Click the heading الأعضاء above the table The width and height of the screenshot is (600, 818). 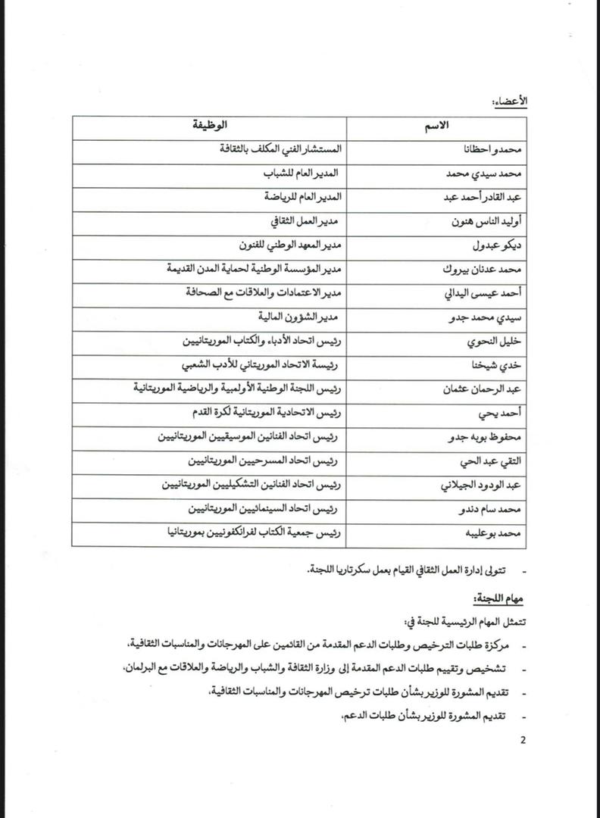[x=513, y=101]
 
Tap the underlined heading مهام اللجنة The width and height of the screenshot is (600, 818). [x=498, y=598]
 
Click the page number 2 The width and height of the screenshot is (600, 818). [x=522, y=740]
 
